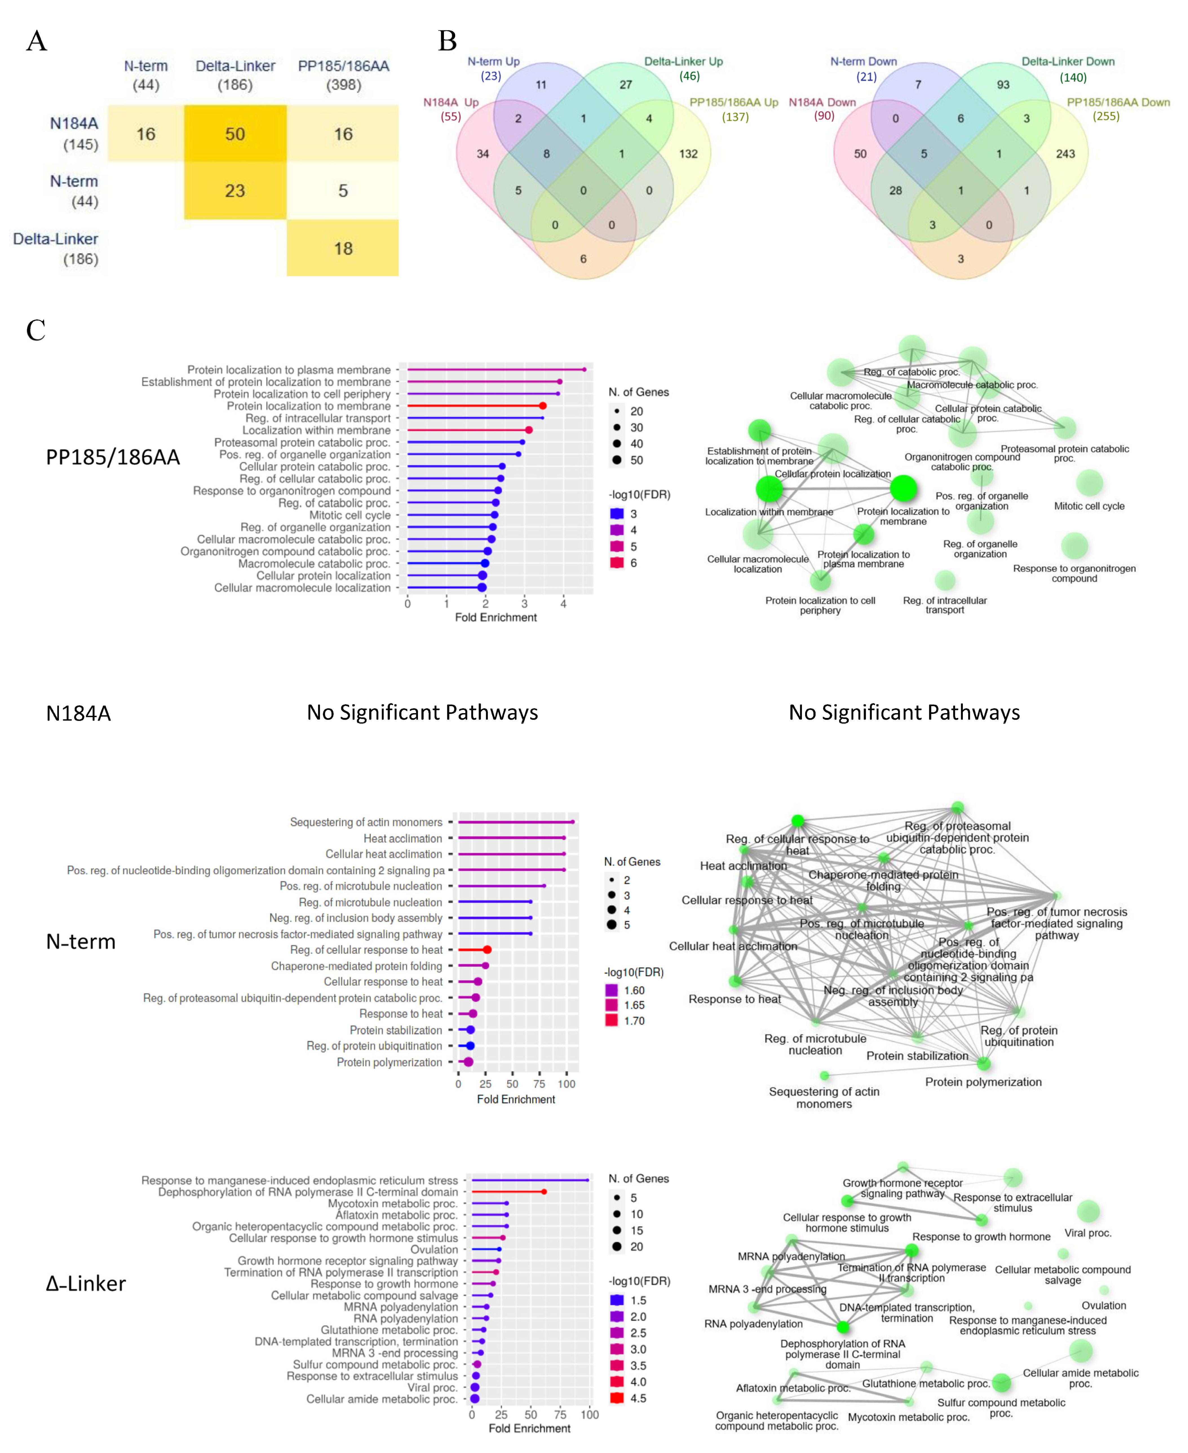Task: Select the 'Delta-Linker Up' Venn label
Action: point(683,62)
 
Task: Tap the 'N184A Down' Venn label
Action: point(822,102)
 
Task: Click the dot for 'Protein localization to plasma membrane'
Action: point(584,370)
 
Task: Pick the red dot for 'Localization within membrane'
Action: point(529,430)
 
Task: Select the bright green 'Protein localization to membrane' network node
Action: point(903,489)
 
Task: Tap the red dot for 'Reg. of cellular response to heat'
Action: point(487,949)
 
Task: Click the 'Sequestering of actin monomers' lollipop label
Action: point(366,822)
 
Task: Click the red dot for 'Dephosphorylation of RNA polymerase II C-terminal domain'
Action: point(544,1191)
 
